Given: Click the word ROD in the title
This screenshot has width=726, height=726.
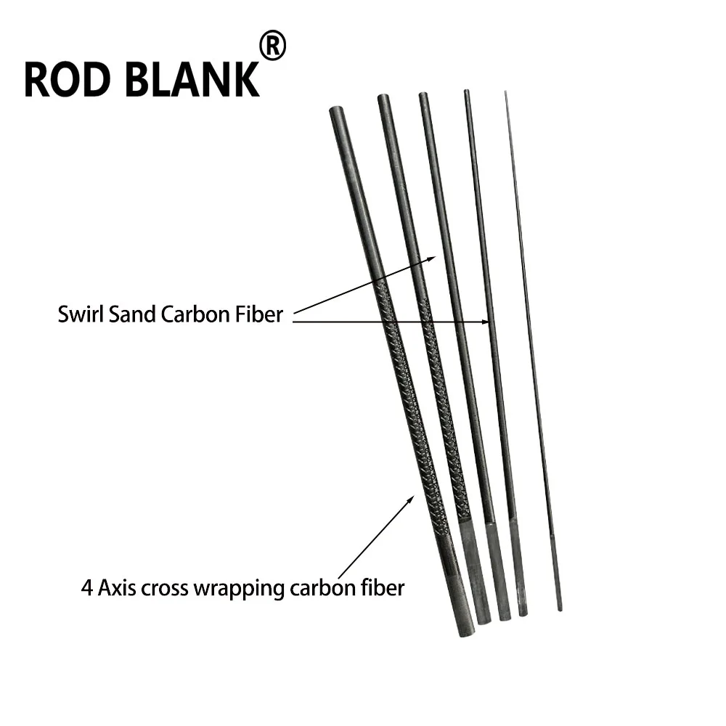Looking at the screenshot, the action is click(68, 80).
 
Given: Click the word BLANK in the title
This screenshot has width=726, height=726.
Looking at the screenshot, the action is click(192, 80).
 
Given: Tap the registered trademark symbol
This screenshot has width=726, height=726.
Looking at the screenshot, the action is click(272, 45).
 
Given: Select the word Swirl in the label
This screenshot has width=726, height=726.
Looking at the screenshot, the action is click(81, 314).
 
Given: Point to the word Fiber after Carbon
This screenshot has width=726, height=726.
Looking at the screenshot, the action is click(258, 314).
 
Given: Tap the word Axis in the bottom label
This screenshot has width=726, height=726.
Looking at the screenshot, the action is click(117, 588).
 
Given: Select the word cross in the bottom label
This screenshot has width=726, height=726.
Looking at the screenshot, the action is click(166, 590).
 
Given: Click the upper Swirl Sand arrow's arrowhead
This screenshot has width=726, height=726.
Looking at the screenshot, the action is click(432, 258).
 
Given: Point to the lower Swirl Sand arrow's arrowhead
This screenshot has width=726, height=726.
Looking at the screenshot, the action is click(486, 322).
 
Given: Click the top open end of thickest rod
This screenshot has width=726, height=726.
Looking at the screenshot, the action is click(337, 111).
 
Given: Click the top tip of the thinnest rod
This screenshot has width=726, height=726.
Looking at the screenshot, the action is click(505, 92).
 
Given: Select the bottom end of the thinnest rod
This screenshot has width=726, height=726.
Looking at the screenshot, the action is click(560, 609).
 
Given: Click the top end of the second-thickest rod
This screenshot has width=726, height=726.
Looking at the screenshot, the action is click(384, 98).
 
